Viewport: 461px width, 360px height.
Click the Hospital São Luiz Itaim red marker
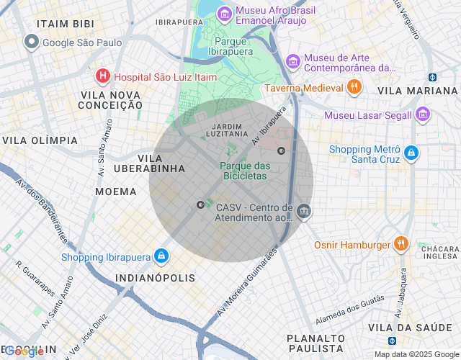pos(103,75)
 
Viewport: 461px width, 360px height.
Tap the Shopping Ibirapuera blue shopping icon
pos(162,257)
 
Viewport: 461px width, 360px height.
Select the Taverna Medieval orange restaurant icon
pos(353,88)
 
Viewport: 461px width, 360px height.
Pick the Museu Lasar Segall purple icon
pos(422,115)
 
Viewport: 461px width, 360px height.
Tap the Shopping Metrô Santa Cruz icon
pos(411,153)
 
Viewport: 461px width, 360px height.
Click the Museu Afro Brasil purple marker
pos(225,13)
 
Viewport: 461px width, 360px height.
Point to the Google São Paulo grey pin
pos(31,42)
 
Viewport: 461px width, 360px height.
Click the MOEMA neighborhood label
pos(116,192)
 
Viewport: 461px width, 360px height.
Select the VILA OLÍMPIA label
pos(40,140)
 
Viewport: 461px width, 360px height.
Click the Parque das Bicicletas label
pos(245,171)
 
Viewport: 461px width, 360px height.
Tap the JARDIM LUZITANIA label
pos(228,130)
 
